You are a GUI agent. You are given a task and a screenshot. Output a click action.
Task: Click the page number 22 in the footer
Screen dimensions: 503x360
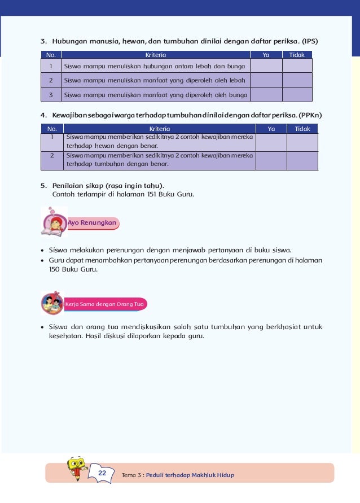pyautogui.click(x=102, y=473)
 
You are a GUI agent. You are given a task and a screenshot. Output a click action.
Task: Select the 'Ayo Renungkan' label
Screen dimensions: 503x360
pyautogui.click(x=93, y=223)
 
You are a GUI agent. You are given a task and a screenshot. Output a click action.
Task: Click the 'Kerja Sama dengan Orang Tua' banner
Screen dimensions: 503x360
pyautogui.click(x=105, y=304)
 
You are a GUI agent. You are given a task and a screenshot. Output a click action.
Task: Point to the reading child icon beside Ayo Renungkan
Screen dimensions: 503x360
pyautogui.click(x=54, y=222)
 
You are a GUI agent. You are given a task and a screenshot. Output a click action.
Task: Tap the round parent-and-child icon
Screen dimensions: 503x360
pyautogui.click(x=52, y=303)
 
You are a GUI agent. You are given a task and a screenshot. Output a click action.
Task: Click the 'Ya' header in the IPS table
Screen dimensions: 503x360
pyautogui.click(x=266, y=55)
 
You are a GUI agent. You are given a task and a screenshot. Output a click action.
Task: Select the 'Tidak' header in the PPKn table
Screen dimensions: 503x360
pyautogui.click(x=302, y=129)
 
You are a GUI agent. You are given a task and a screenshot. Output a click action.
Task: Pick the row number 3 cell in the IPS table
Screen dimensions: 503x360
pyautogui.click(x=51, y=95)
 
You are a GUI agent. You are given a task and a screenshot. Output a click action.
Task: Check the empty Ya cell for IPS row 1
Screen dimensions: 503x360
pyautogui.click(x=266, y=66)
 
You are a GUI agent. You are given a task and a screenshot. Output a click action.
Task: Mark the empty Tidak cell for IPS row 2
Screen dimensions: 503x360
pyautogui.click(x=297, y=80)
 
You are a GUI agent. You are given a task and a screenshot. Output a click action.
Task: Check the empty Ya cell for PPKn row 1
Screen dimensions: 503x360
pyautogui.click(x=271, y=142)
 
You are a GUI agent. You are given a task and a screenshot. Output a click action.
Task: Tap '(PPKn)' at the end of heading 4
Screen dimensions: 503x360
pyautogui.click(x=309, y=115)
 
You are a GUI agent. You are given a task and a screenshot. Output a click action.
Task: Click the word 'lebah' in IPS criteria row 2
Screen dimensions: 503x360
pyautogui.click(x=236, y=80)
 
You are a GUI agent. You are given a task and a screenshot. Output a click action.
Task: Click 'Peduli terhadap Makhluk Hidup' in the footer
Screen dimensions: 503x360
pyautogui.click(x=190, y=475)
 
